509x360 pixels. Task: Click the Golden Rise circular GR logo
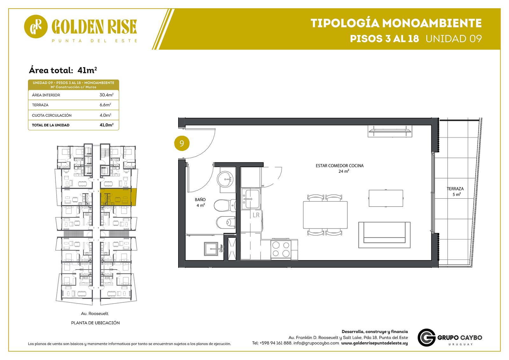pos(36,27)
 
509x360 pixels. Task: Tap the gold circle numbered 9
pos(182,143)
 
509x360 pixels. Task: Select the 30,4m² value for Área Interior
pos(106,95)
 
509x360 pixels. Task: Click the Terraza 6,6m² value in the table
pos(105,105)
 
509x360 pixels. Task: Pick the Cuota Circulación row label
pos(52,115)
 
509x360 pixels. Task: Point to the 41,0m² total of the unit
pos(106,125)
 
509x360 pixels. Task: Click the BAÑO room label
pos(200,200)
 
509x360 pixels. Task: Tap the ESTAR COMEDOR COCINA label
pos(339,166)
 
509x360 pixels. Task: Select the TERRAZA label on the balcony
pos(455,189)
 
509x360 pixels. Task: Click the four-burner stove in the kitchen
pos(281,249)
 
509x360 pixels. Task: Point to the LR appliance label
pos(256,215)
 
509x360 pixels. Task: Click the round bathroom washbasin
pos(225,179)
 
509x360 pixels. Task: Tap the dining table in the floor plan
pos(325,215)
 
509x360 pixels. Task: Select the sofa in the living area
pos(384,235)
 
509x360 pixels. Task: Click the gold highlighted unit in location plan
pos(118,197)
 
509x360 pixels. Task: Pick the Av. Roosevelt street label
pos(94,314)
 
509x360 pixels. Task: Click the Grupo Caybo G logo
pos(426,337)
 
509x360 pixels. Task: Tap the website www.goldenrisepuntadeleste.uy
pos(374,343)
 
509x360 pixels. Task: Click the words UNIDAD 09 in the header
pos(454,39)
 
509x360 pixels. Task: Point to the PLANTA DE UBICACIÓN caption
pos(95,323)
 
